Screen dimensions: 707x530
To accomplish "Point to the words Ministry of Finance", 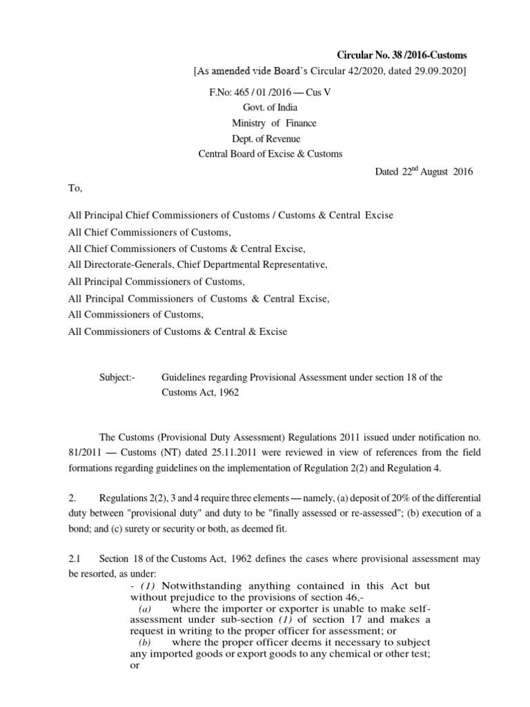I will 274,123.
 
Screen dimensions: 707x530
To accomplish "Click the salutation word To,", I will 75,187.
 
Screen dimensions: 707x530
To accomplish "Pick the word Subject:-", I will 119,377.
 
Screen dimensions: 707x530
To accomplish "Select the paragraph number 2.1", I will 75,559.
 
